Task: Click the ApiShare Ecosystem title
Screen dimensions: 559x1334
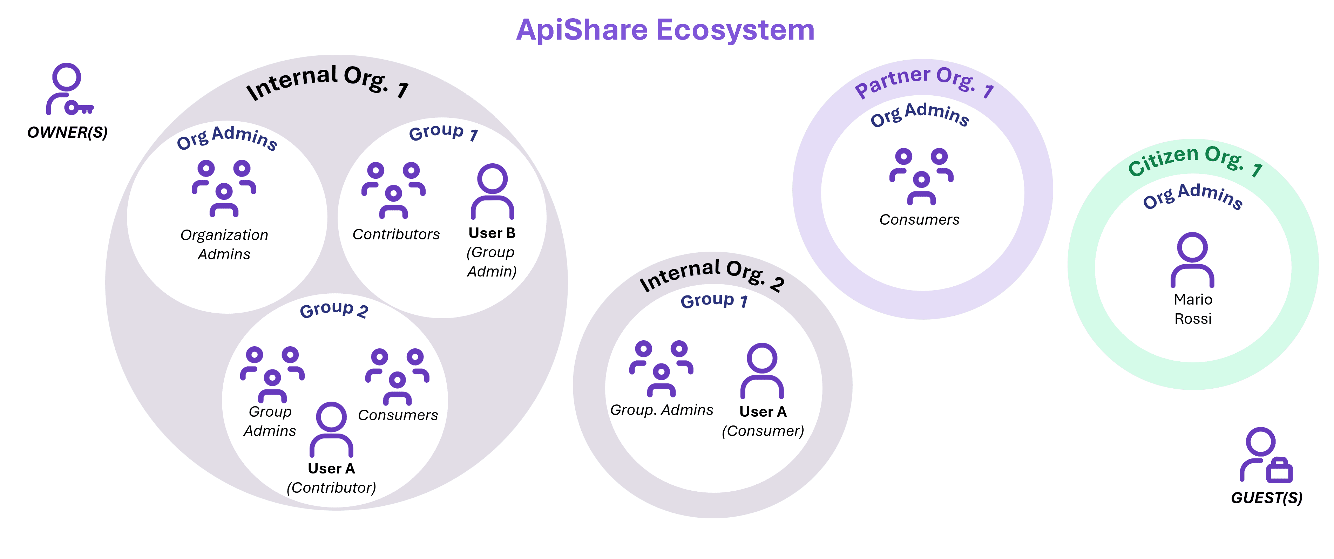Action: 665,30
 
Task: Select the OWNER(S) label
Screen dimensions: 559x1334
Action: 67,132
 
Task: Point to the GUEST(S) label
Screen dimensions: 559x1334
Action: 1266,498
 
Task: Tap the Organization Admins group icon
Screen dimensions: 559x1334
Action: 224,189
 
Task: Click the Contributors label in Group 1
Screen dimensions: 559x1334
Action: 396,234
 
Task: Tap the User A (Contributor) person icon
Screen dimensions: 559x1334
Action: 331,430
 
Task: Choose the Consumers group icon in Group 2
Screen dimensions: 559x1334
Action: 397,376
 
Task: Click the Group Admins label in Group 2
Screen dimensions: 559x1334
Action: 270,421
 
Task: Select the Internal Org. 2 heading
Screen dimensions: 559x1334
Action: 712,275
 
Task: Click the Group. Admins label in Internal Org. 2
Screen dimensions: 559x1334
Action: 661,410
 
